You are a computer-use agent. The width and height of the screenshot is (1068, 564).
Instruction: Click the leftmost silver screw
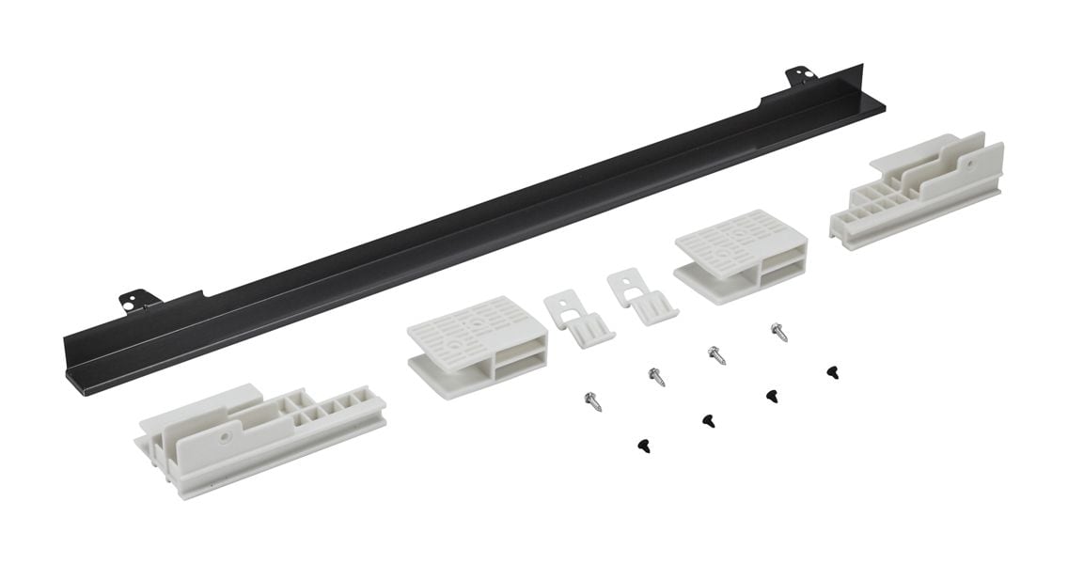(x=593, y=400)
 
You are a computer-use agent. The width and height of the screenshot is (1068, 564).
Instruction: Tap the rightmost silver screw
(x=778, y=332)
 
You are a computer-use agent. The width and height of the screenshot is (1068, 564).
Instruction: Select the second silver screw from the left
(x=657, y=377)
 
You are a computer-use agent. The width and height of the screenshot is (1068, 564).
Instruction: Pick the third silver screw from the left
(x=716, y=355)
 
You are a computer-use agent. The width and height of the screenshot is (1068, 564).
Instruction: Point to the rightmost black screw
(x=832, y=373)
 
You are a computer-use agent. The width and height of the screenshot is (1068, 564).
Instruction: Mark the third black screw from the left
(x=771, y=396)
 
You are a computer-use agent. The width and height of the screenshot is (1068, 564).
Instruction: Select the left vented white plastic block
(x=476, y=344)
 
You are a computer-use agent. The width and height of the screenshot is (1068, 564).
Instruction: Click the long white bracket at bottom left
(x=259, y=437)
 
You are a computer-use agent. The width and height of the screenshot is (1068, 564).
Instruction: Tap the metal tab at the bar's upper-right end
(x=801, y=76)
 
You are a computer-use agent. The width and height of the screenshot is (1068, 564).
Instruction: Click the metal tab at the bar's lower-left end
(x=139, y=301)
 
